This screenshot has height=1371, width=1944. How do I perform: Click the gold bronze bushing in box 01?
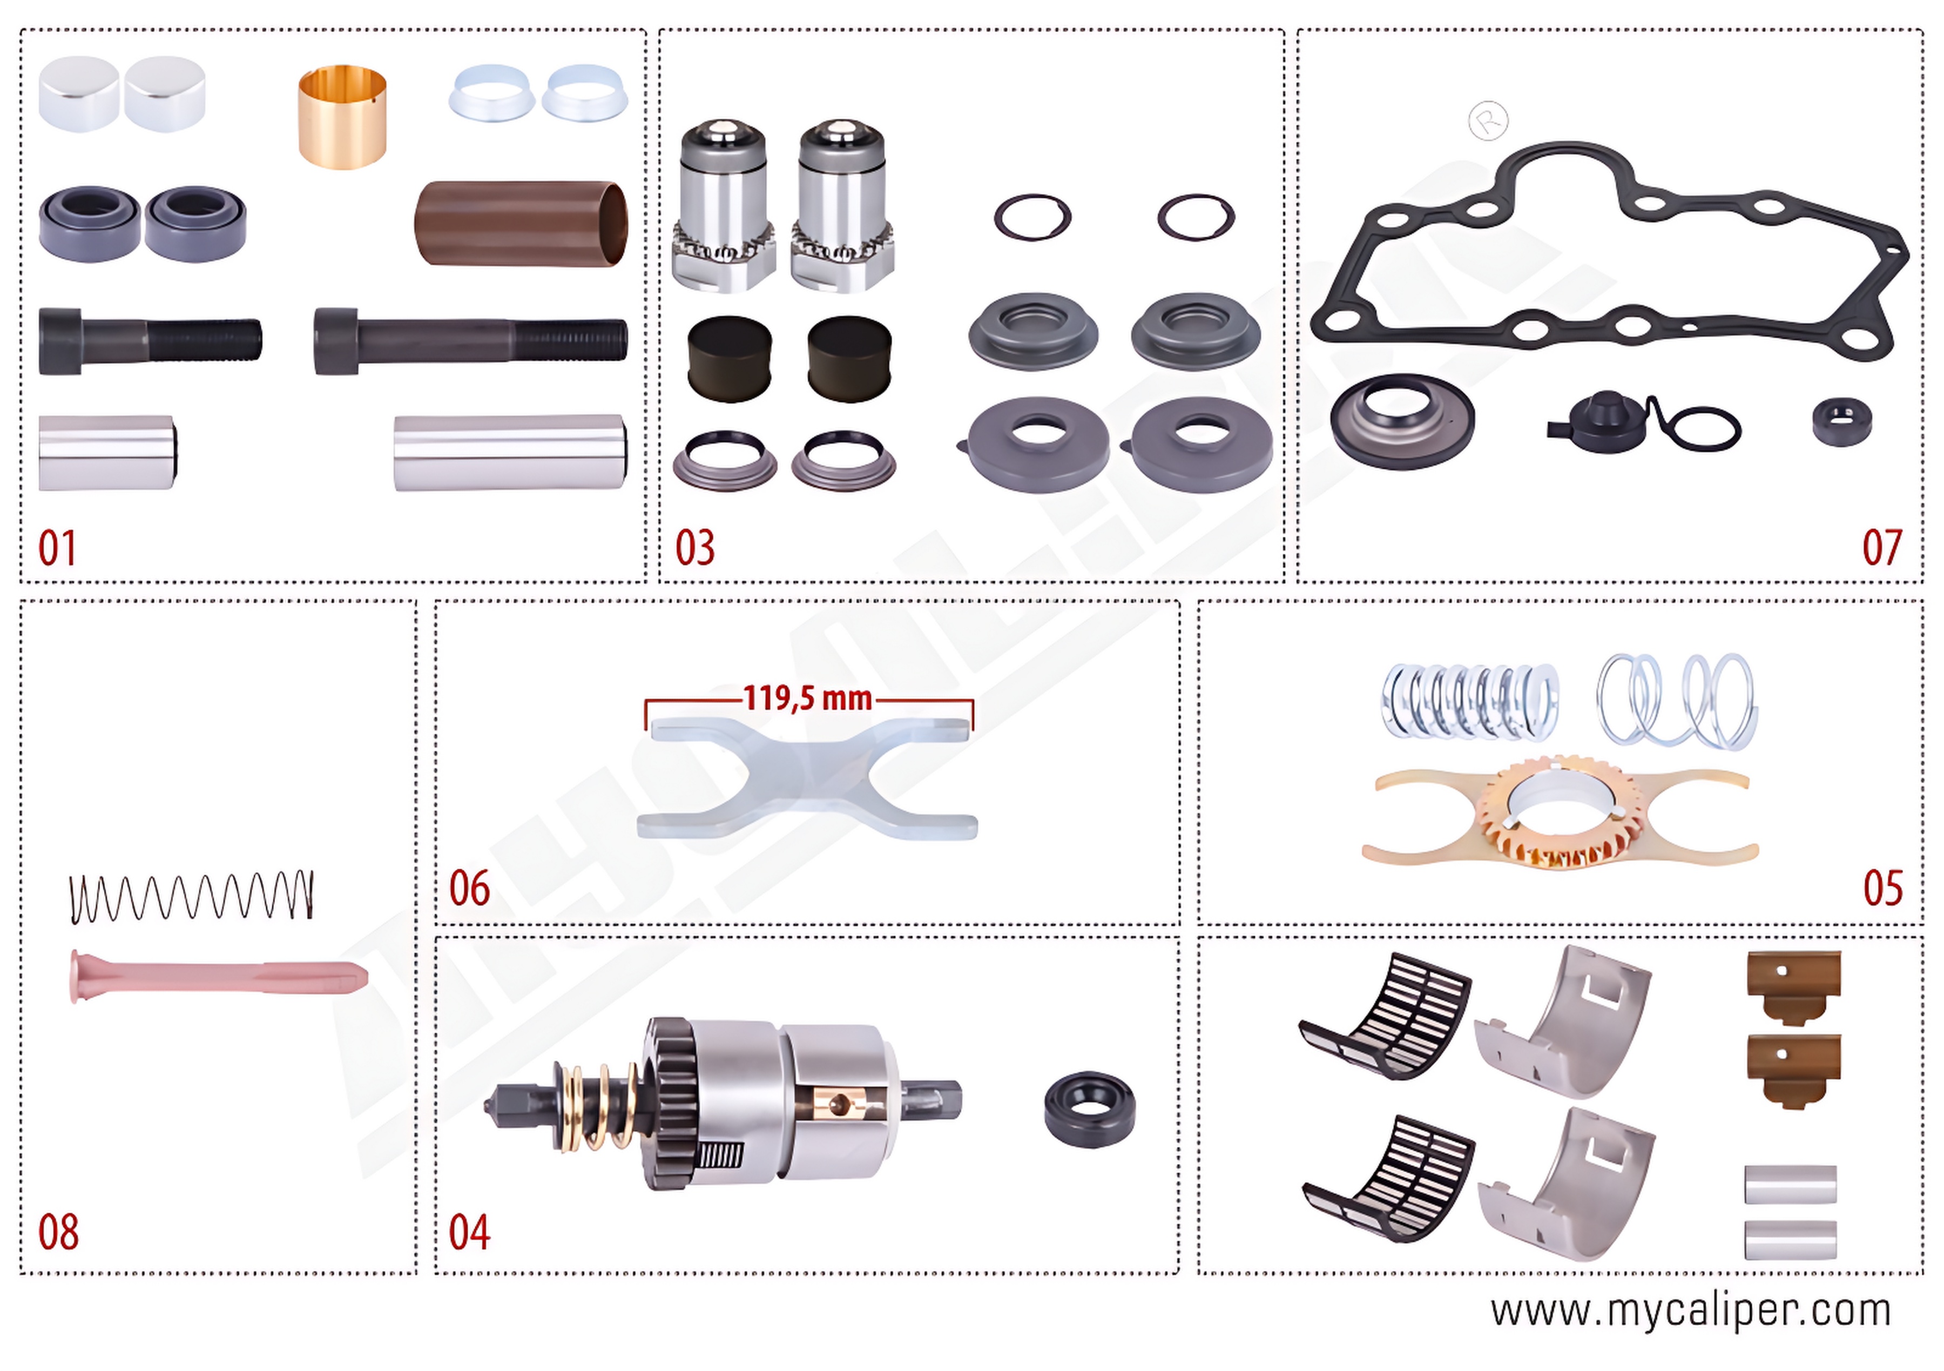[343, 117]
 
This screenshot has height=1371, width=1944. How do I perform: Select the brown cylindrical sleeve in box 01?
[521, 224]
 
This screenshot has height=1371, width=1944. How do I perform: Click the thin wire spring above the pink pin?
[191, 897]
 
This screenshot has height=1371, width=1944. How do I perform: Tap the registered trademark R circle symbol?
[1488, 120]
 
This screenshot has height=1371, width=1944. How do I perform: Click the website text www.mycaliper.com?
[1690, 1311]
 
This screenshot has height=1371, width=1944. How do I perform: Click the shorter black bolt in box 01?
[150, 340]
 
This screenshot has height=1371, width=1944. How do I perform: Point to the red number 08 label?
[58, 1232]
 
